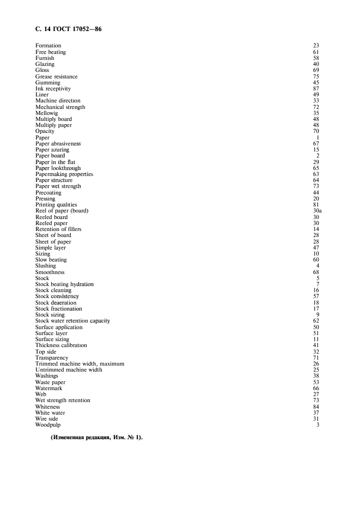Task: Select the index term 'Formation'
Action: point(48,46)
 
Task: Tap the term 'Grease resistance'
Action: point(57,76)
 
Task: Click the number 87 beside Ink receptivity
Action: point(316,89)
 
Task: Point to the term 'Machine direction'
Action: point(58,101)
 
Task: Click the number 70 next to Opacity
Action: point(316,131)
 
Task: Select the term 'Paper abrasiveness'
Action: point(58,144)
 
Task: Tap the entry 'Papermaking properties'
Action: point(64,174)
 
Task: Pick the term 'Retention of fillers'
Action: point(59,229)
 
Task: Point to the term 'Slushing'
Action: point(46,266)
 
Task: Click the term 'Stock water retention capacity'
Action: point(72,321)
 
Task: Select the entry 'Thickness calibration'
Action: point(61,345)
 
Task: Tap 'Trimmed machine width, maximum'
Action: point(80,363)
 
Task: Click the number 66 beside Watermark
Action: point(316,388)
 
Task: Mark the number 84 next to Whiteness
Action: point(316,406)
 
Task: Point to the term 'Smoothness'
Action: point(50,272)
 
